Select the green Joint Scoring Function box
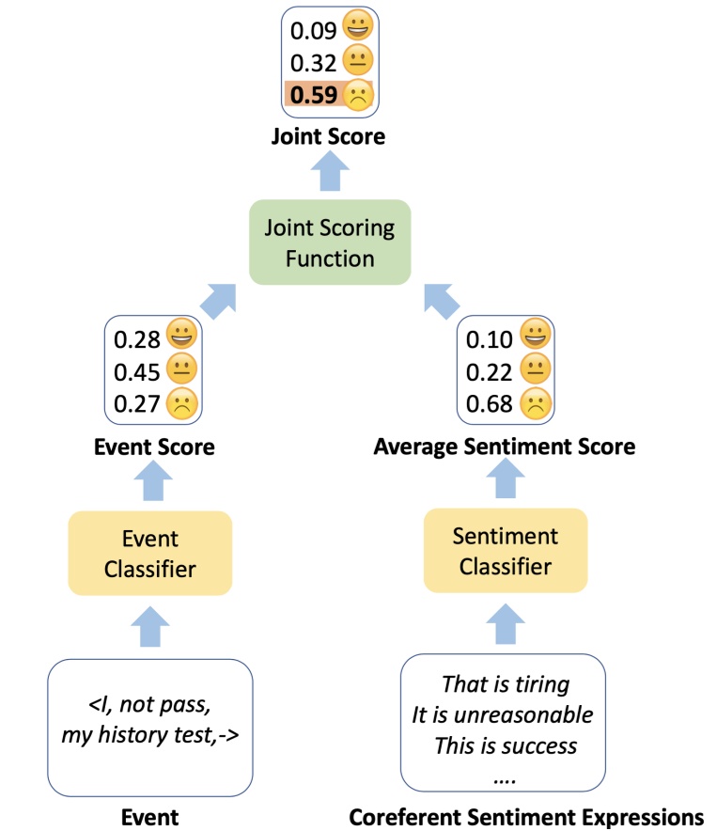point(330,243)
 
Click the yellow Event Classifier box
point(150,552)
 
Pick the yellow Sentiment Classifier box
point(505,551)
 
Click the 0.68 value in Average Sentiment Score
point(490,404)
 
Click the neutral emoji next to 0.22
point(535,371)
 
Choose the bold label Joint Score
point(328,136)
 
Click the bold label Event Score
point(154,447)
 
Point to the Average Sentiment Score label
point(504,447)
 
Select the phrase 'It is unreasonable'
point(503,714)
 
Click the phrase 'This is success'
point(505,746)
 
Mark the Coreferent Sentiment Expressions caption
point(526,817)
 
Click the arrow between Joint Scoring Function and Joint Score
point(329,175)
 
